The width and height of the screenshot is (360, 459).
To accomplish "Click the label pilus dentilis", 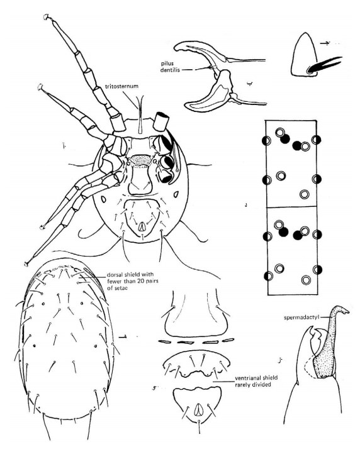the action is [x=170, y=67].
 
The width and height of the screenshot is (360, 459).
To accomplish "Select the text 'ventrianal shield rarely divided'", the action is [x=256, y=381].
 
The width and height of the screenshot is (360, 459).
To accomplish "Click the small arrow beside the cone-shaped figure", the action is [x=325, y=43].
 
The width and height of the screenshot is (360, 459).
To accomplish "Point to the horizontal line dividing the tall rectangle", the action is [x=291, y=207].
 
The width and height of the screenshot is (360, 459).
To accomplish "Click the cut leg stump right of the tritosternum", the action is [x=161, y=121].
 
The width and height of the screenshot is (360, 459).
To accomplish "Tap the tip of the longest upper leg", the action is [x=46, y=17].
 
